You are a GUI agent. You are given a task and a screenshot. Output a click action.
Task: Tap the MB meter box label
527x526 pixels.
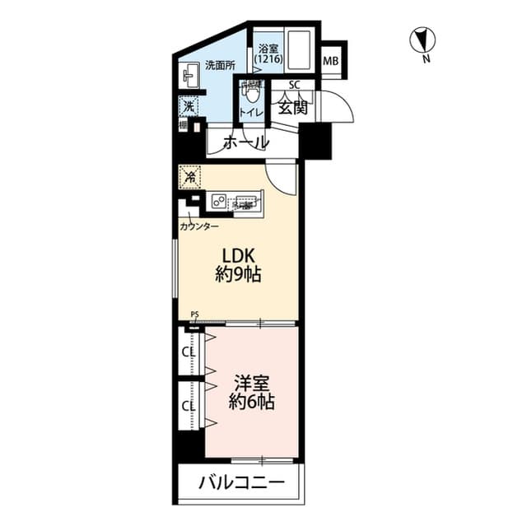click(x=331, y=62)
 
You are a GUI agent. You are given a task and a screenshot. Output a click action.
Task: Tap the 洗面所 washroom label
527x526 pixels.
click(x=220, y=65)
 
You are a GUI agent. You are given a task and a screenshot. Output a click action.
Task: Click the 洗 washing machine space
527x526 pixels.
click(x=189, y=107)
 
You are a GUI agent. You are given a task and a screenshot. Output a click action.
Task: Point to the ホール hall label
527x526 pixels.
click(x=246, y=142)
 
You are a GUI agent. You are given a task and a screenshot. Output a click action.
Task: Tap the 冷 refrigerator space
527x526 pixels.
click(x=189, y=176)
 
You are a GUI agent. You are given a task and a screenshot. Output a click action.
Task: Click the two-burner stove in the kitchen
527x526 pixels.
click(x=220, y=200)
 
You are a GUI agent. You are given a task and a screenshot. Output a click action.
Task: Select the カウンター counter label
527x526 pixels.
click(x=199, y=226)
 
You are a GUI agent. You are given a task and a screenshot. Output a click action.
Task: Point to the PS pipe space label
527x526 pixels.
click(x=194, y=314)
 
